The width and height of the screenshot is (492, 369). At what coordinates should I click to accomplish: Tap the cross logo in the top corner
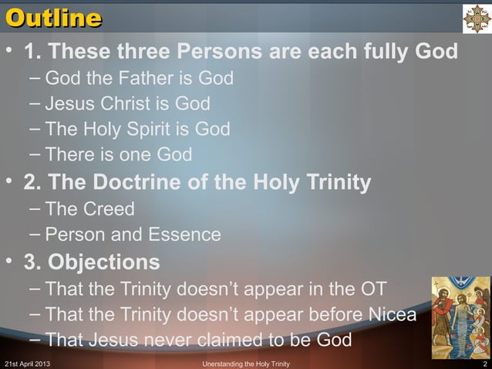476,17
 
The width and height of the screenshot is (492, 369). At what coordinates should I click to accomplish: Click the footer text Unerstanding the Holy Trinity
245,363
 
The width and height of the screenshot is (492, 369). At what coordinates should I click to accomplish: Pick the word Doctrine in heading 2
142,184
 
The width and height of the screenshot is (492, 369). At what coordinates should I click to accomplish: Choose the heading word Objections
104,262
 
